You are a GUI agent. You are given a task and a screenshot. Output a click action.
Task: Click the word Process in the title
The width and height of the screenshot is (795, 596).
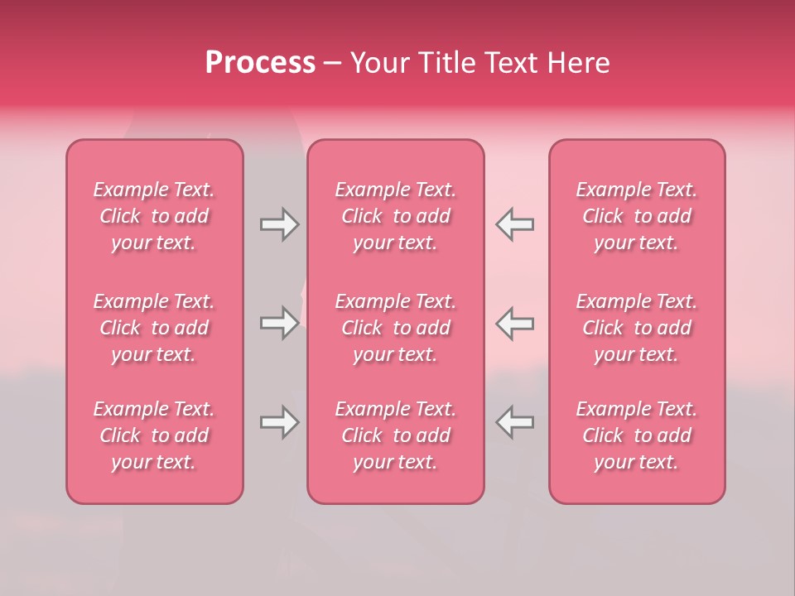coord(260,63)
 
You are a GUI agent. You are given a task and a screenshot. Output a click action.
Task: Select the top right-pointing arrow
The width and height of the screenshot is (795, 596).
coord(279,224)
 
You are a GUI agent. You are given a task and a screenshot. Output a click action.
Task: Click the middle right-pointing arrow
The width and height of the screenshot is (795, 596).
coord(279,323)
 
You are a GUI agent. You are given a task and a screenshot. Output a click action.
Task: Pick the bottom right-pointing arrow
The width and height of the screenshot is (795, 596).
coord(279,422)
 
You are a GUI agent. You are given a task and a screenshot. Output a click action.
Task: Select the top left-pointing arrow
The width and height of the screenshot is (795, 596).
coord(515,224)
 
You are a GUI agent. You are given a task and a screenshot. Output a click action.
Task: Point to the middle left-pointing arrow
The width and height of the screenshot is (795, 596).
coord(515,323)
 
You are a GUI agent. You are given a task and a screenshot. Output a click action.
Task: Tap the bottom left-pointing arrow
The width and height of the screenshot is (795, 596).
coord(515,422)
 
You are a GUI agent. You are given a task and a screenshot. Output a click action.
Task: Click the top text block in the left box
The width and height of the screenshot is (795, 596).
coord(154,216)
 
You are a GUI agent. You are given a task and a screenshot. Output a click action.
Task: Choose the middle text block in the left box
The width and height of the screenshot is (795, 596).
coord(154,328)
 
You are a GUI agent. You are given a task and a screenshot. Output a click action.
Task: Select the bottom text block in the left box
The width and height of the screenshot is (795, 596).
coord(154,435)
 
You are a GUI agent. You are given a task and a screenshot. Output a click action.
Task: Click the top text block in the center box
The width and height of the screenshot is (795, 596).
coord(396,216)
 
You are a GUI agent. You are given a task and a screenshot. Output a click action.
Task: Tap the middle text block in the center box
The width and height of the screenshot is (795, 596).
coord(396,328)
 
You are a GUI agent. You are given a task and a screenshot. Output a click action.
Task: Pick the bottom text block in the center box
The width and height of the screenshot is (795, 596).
coord(396,435)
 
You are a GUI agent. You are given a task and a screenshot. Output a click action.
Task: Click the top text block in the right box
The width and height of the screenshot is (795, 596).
coord(637,216)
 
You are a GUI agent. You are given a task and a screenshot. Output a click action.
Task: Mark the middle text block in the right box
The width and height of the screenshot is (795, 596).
coord(637,328)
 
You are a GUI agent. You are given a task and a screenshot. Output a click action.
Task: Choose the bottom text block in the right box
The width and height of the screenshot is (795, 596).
coord(637,435)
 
